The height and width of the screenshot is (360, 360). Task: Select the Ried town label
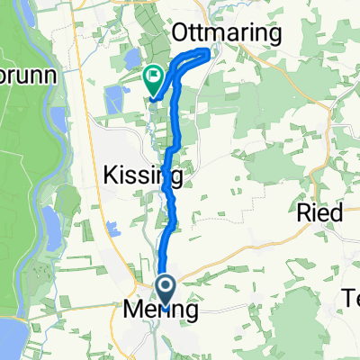(x=319, y=213)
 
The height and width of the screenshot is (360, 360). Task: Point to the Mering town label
(x=159, y=311)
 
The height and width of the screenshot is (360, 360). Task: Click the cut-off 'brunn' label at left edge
(x=31, y=75)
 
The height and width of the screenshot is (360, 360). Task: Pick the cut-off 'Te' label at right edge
(x=350, y=297)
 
